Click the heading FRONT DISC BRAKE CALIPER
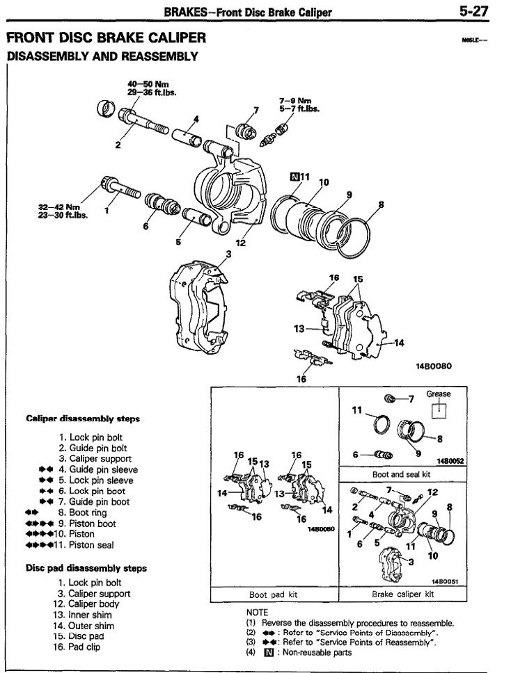[106, 38]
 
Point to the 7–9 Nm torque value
[295, 102]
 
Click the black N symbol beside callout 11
[294, 177]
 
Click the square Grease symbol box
[439, 409]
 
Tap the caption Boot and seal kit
[402, 474]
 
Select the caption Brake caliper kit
[402, 594]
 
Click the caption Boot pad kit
[274, 594]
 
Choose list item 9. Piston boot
[87, 524]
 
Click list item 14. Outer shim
[84, 626]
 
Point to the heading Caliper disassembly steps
[83, 419]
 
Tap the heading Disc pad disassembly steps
[86, 568]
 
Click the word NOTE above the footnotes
[257, 613]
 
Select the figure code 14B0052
[450, 461]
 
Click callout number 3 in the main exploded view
[228, 254]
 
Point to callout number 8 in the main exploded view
[381, 204]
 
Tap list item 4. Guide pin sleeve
[98, 469]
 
